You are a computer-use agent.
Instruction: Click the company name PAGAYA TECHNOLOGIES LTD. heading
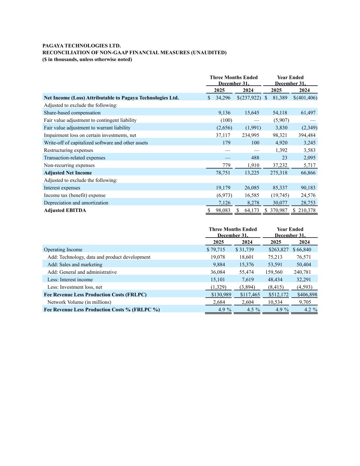82,46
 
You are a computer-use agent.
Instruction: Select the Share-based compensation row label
72,113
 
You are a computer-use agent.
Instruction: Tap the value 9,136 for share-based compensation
224,113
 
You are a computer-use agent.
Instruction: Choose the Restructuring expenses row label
68,150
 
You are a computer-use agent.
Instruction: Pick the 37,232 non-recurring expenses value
280,165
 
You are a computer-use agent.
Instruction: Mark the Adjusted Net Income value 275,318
278,173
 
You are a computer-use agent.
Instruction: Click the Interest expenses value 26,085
252,188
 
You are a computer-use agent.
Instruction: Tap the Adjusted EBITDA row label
65,210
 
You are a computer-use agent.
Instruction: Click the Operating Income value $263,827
278,250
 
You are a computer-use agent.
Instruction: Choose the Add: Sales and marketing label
75,265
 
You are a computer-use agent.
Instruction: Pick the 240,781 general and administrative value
302,272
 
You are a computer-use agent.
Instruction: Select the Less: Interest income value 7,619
248,280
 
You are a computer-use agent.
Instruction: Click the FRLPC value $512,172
278,295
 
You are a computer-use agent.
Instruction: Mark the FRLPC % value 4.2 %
311,310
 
